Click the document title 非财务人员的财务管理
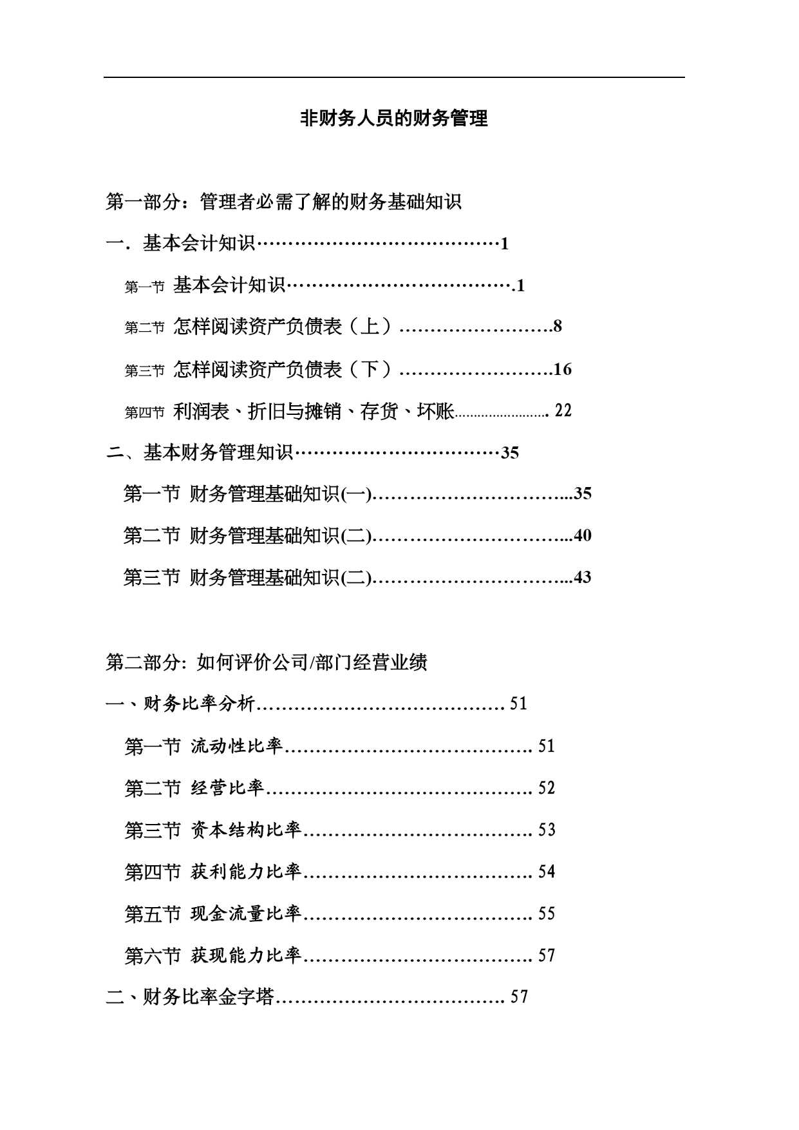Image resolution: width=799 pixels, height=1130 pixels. tap(394, 119)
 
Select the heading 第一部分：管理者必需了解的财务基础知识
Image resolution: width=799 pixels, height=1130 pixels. tap(284, 202)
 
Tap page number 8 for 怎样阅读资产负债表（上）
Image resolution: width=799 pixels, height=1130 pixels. tap(558, 326)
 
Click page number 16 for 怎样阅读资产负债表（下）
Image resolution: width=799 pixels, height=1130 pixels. tap(563, 369)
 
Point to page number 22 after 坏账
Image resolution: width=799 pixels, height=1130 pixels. tap(563, 410)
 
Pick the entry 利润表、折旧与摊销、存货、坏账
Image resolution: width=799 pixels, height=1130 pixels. tap(314, 411)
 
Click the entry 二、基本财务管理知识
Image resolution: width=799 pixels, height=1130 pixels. tap(199, 452)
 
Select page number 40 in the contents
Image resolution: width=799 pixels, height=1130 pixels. tap(582, 535)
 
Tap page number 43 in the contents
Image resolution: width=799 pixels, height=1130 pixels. tap(582, 577)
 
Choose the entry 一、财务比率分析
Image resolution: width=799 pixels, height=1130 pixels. tap(180, 704)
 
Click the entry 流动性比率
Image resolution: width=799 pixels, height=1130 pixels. tap(237, 746)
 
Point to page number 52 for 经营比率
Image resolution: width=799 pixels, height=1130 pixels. tap(547, 788)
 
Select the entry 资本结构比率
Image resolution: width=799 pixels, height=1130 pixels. tap(246, 830)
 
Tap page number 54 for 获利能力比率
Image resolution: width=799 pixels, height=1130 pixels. tap(547, 872)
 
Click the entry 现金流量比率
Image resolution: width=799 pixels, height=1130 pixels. tap(246, 914)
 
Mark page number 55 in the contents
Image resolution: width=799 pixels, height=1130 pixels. tap(547, 914)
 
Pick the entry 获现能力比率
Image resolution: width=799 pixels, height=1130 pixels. tap(246, 955)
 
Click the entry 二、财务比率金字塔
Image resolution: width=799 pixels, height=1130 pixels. tap(190, 997)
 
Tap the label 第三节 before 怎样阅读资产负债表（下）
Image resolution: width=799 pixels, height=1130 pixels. tap(145, 371)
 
